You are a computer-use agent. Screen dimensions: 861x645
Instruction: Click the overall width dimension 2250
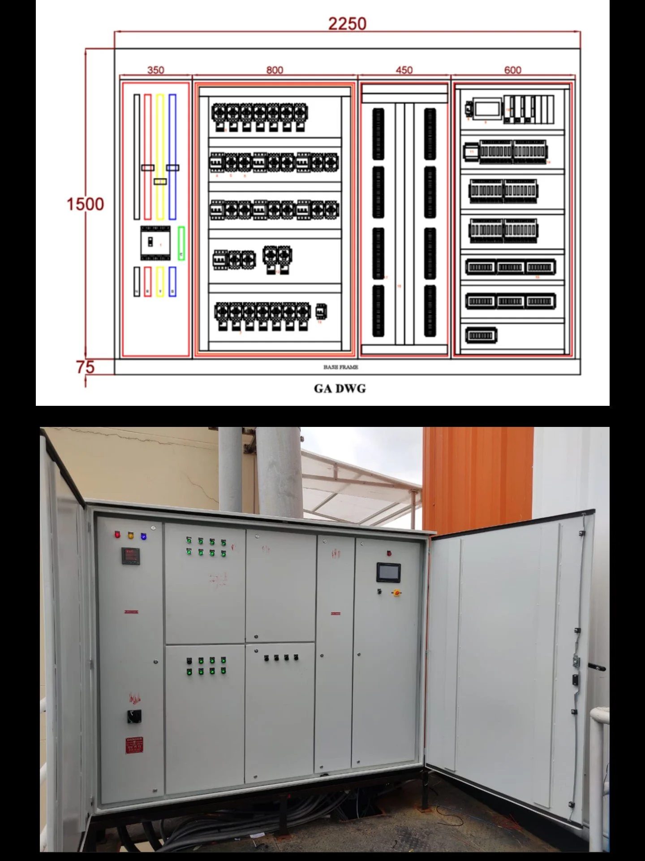tap(347, 24)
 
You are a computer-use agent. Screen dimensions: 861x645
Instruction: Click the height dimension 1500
tap(85, 204)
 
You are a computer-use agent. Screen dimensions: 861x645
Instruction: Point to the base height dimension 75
tap(85, 367)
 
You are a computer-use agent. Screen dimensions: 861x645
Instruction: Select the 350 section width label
tap(155, 70)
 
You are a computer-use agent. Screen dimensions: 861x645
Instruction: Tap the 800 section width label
tap(275, 70)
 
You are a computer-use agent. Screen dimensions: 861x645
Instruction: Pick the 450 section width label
tap(404, 70)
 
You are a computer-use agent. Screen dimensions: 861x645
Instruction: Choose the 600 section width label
tap(512, 70)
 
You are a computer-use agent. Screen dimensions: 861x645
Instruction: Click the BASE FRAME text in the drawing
tap(341, 367)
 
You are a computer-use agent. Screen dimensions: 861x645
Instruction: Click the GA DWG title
tap(340, 389)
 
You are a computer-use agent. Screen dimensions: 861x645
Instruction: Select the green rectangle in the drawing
tap(181, 243)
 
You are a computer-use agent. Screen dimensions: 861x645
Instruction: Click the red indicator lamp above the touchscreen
tap(389, 553)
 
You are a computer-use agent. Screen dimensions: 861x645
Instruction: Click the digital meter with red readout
tap(129, 556)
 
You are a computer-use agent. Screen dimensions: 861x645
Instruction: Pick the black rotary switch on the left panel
tap(134, 717)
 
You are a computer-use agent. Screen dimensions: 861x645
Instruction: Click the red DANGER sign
tap(134, 745)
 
